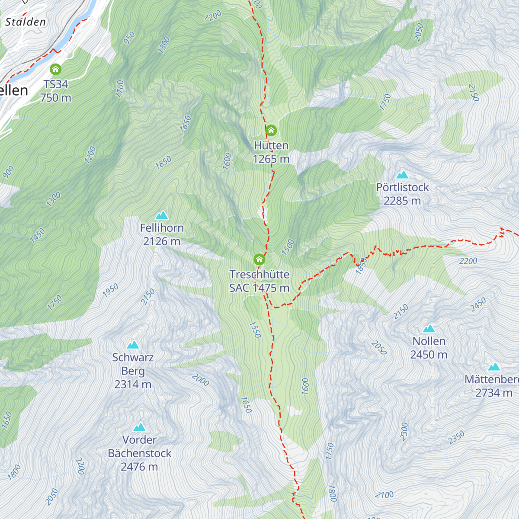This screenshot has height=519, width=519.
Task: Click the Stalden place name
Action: click(x=26, y=22)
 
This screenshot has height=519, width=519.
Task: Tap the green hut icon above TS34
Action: click(x=55, y=69)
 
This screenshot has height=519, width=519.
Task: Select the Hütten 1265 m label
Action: click(x=271, y=152)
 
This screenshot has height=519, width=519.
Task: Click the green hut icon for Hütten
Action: click(x=271, y=130)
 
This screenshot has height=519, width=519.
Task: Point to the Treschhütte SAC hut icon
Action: click(x=259, y=259)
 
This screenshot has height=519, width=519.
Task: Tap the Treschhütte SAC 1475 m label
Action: click(x=259, y=281)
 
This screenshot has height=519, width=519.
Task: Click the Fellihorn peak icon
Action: click(x=162, y=215)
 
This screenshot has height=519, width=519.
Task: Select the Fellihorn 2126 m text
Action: click(x=162, y=234)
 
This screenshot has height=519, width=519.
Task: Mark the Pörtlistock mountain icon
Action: click(x=402, y=175)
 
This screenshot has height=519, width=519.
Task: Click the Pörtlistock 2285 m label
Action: click(x=402, y=194)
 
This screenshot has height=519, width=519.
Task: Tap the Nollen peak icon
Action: click(x=429, y=328)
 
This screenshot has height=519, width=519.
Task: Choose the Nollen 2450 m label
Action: click(x=429, y=348)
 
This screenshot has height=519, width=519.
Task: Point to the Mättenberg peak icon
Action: click(x=494, y=367)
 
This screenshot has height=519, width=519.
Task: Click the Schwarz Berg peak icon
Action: click(x=133, y=345)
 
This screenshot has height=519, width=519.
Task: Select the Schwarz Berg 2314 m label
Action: click(x=133, y=371)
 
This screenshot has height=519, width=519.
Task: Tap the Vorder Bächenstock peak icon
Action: click(x=139, y=427)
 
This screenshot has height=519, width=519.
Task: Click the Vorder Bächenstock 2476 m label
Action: click(x=140, y=453)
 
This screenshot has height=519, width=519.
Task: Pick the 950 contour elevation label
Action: click(x=129, y=38)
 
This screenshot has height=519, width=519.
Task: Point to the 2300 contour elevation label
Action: click(x=404, y=432)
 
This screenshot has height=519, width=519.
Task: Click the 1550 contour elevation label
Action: click(x=255, y=330)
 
